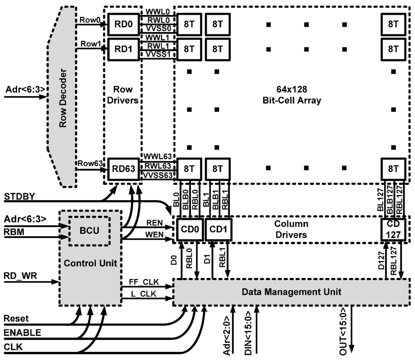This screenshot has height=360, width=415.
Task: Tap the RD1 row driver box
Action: [x=122, y=49]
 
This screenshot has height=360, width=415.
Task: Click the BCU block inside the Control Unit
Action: [x=89, y=231]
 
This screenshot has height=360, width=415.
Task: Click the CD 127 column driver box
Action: [x=392, y=229]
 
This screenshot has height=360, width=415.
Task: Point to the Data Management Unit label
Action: [x=291, y=292]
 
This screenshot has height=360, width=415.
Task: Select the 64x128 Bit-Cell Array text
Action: [x=291, y=94]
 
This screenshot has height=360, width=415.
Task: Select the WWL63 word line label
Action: [x=157, y=156]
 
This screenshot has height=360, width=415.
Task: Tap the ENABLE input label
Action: [x=22, y=333]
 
